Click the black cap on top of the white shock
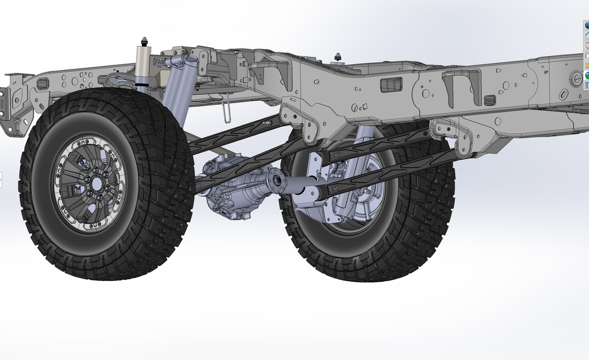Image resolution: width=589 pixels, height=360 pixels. pos(143,41)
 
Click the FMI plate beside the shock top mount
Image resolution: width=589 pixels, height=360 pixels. pos(160,62)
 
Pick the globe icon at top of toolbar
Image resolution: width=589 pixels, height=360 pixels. pos(586,25)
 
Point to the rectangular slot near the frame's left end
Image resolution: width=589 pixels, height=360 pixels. pos(43,83)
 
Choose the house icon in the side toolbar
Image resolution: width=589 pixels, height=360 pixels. pos(586,36)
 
